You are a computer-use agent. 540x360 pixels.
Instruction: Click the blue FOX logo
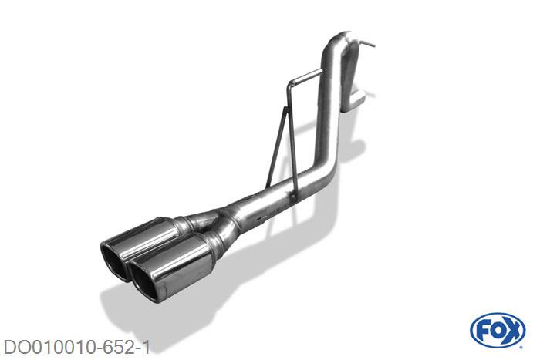click(x=498, y=330)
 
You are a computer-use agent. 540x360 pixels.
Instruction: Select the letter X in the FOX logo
click(x=512, y=331)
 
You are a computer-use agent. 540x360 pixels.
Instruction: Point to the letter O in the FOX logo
click(x=498, y=331)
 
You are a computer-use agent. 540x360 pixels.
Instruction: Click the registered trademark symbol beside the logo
click(x=521, y=348)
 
